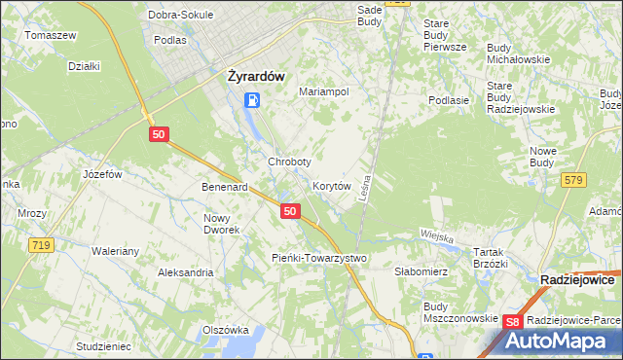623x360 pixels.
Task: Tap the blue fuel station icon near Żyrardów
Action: point(252,99)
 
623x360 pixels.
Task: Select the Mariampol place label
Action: point(323,91)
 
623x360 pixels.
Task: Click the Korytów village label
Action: point(331,185)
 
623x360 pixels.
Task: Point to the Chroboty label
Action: point(289,162)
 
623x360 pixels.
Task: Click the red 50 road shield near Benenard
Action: point(289,210)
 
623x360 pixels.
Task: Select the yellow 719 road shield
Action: point(40,246)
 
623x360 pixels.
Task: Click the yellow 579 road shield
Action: point(573,179)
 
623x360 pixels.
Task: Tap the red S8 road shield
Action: point(513,321)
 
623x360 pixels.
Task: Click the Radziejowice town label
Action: point(577,279)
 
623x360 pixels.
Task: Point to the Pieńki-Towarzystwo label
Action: point(318,258)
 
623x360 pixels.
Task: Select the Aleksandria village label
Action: point(186,272)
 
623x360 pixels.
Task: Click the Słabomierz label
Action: point(421,272)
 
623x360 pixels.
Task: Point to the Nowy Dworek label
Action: point(221,224)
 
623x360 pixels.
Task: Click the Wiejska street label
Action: point(438,234)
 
